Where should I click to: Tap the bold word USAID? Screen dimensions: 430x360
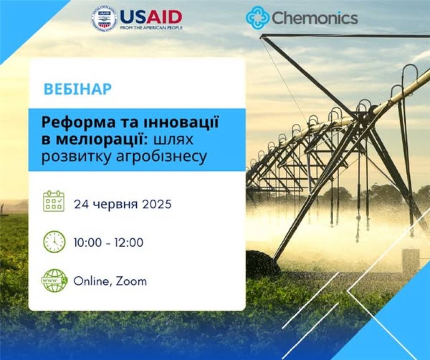pyautogui.click(x=151, y=17)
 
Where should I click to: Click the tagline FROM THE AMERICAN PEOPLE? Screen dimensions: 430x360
pyautogui.click(x=151, y=27)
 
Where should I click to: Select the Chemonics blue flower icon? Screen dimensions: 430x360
pyautogui.click(x=257, y=17)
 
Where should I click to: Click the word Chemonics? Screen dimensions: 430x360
pyautogui.click(x=315, y=18)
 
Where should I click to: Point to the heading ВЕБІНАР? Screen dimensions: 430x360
pyautogui.click(x=78, y=89)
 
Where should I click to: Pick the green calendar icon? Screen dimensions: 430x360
pyautogui.click(x=54, y=201)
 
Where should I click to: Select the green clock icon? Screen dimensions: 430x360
pyautogui.click(x=54, y=242)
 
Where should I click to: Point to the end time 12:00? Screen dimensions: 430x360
pyautogui.click(x=130, y=243)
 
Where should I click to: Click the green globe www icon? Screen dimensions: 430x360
pyautogui.click(x=54, y=280)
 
